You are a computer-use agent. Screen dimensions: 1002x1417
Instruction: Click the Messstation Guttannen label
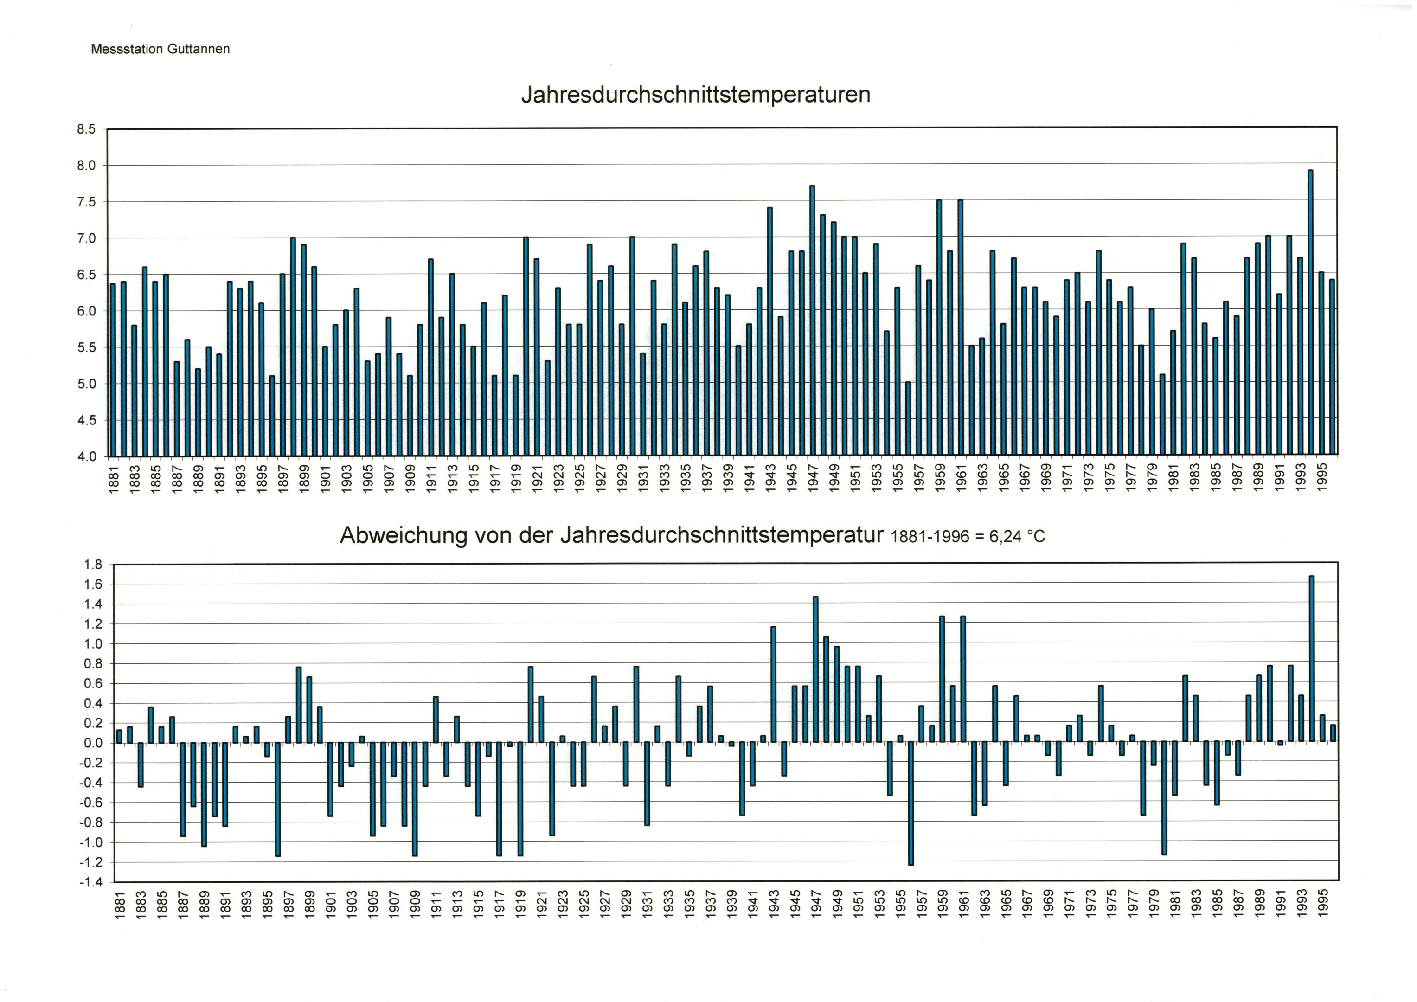(x=160, y=49)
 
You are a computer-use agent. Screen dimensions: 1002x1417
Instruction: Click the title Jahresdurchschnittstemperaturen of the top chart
(x=696, y=95)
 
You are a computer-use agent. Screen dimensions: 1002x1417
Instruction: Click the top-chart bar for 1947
(x=812, y=321)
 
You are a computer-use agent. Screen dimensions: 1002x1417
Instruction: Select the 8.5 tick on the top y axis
(x=86, y=129)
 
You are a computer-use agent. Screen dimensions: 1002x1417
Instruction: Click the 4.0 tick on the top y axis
(x=86, y=457)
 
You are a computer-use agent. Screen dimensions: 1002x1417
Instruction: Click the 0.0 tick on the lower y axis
(x=93, y=743)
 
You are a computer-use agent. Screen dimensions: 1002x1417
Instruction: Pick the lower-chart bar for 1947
(x=815, y=669)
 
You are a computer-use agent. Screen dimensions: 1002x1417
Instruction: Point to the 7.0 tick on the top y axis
(x=86, y=238)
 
